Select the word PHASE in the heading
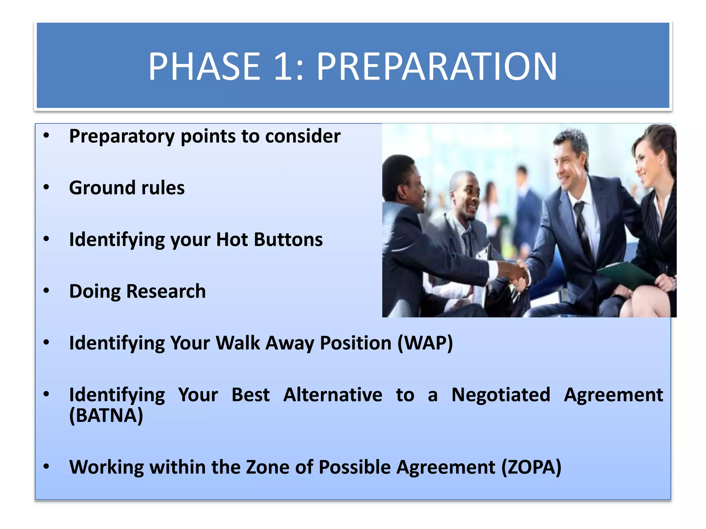pos(204,66)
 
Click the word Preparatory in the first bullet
pos(122,137)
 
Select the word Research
pos(166,291)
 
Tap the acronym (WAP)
pos(425,343)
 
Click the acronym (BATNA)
pos(106,415)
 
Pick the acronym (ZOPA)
pos(531,467)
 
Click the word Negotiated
pos(501,395)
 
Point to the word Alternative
pos(333,395)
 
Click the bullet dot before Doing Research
pos(47,291)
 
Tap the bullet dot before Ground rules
pos(47,187)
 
